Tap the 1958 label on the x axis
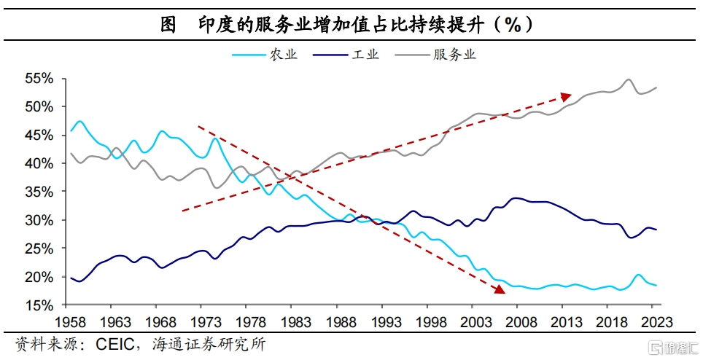tap(71, 321)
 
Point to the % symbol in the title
tap(512, 24)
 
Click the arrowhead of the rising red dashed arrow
tap(567, 95)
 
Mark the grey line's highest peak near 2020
tap(629, 79)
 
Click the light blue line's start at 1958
tap(71, 131)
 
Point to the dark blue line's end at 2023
tap(656, 230)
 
